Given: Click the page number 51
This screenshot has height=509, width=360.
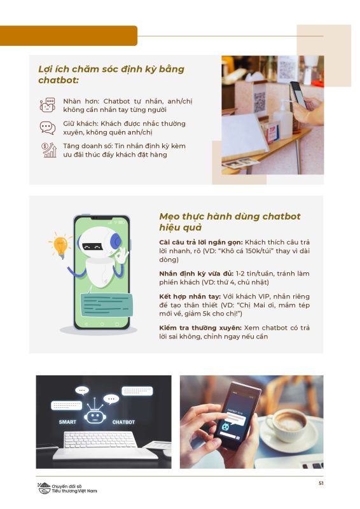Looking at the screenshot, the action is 321,483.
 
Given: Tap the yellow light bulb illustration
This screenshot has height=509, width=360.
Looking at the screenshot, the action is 60,246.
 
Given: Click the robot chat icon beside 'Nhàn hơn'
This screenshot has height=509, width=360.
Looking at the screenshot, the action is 48,105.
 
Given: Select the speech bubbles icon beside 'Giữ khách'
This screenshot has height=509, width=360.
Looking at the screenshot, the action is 48,128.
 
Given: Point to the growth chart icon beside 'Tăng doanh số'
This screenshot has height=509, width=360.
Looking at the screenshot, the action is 49,150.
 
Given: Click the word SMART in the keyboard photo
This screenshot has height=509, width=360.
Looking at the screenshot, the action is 67,422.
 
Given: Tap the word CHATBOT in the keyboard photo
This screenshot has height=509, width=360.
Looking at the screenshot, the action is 123,422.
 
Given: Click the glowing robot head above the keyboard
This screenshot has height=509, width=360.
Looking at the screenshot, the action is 95,416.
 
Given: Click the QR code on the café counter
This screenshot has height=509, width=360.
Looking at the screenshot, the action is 260,102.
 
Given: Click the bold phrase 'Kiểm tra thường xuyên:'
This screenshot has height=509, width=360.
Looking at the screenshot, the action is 200,328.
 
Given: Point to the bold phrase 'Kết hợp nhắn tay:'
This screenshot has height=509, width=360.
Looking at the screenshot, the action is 190,296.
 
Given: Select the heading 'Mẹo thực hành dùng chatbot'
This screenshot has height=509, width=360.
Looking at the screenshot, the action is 230,216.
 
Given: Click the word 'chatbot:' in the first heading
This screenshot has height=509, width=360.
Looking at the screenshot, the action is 59,80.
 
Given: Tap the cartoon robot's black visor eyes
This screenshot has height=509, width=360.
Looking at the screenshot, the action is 92,247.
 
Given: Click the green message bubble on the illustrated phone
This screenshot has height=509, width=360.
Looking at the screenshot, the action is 106,305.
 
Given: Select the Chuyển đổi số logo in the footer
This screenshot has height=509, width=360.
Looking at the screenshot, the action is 67,488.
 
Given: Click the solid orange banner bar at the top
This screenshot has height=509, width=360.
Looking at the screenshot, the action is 69,36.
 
